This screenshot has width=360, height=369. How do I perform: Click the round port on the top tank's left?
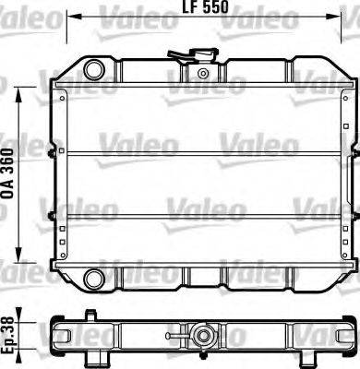point(93,70)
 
